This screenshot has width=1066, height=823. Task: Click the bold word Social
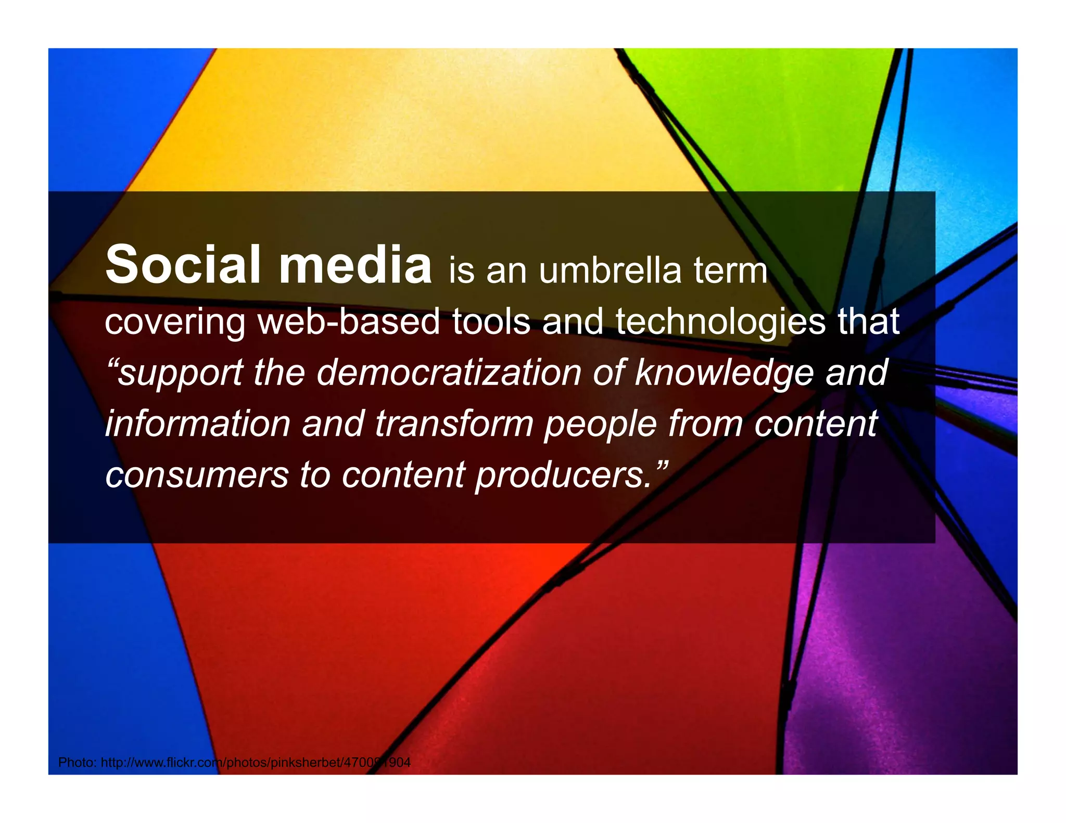pos(182,265)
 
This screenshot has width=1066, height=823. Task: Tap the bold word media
pos(355,265)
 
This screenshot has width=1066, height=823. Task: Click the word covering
pos(175,322)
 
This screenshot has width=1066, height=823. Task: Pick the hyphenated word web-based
pos(349,322)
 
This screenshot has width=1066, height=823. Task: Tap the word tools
pos(491,322)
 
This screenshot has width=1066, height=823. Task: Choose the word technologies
pos(720,322)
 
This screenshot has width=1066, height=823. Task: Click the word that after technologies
pos(868,322)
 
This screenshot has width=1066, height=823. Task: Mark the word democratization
pos(449,372)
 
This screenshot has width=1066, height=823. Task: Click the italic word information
pos(198,423)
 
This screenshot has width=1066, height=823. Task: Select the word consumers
pos(197,475)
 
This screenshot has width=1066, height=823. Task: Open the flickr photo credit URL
pos(256,763)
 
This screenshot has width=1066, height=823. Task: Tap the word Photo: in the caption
pos(77,763)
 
